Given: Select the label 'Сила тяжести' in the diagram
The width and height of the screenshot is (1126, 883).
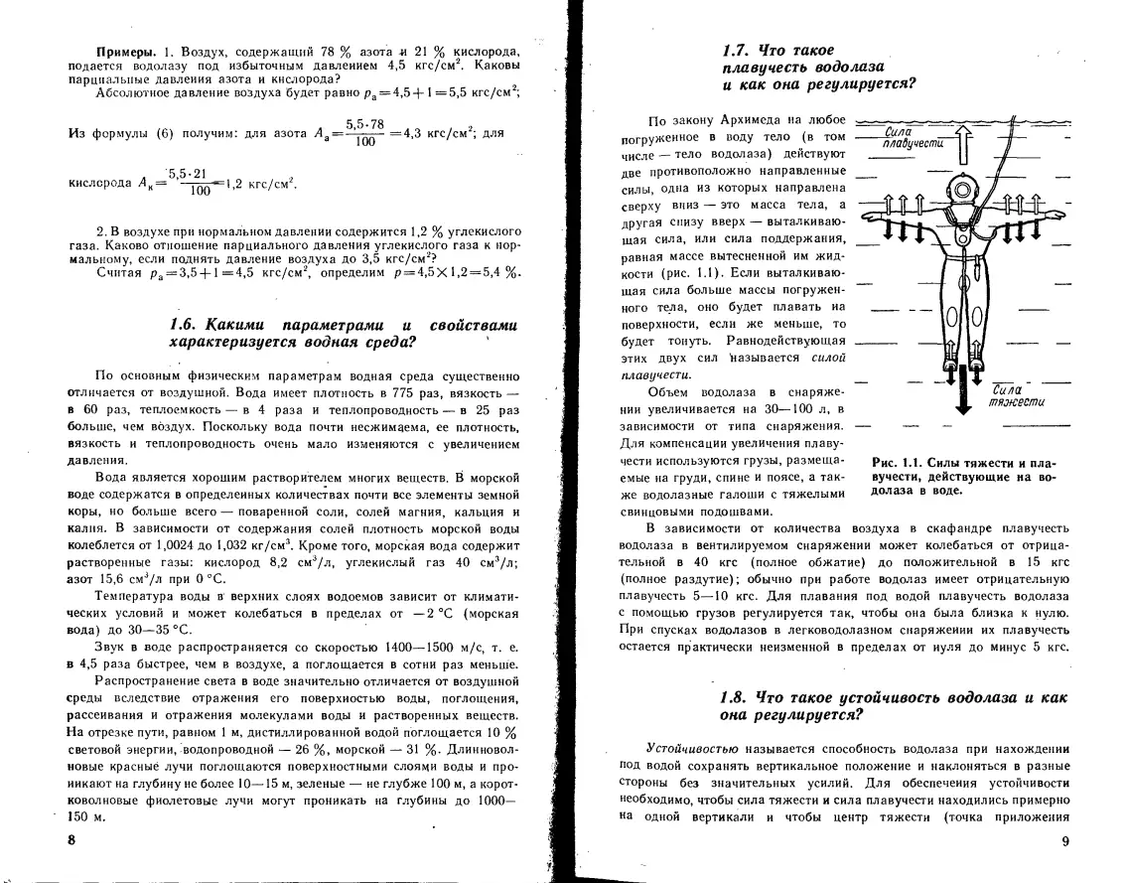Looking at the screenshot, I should click(1008, 396).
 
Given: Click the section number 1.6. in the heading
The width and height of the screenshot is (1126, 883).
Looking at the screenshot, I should click(185, 326).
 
